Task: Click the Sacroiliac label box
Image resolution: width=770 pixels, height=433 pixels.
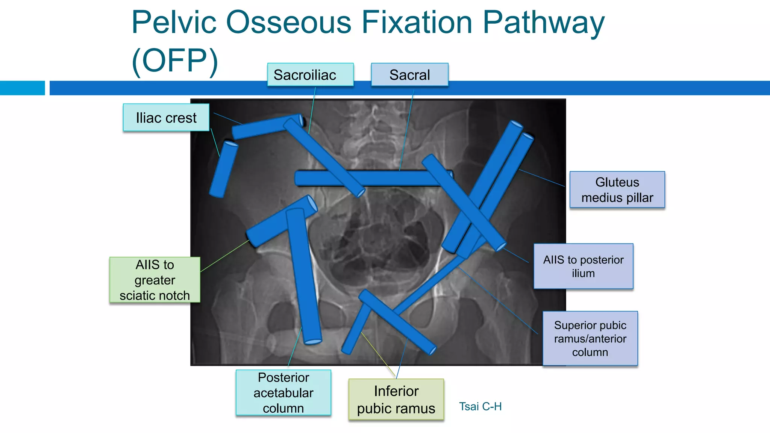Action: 310,74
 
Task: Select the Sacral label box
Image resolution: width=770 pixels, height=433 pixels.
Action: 409,74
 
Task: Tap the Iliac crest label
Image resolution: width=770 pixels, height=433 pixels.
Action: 166,118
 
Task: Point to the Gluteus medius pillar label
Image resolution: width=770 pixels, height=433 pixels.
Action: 617,189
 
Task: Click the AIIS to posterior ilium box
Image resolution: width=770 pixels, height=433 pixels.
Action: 583,266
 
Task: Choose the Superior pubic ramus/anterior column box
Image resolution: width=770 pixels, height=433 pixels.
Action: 590,338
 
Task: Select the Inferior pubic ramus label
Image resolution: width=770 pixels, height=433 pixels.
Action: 396,399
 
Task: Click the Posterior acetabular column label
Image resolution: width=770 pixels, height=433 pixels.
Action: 283,392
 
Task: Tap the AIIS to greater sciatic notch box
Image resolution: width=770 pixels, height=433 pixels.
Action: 155,280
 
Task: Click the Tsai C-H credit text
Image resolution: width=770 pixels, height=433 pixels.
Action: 480,406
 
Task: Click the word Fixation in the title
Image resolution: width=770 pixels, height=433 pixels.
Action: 417,23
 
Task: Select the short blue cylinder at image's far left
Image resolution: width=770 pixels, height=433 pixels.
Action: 223,169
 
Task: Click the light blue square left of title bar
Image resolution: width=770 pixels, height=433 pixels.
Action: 22,88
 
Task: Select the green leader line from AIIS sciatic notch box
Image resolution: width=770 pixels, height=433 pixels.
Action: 224,256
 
